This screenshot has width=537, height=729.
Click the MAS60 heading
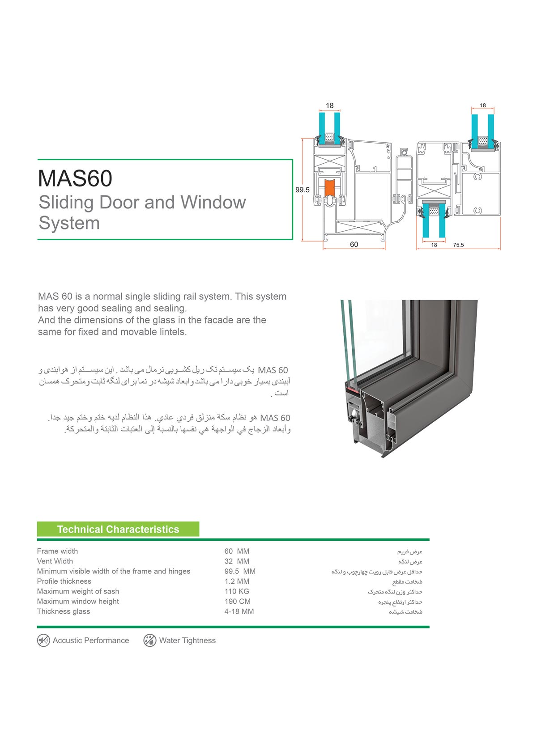coord(75,178)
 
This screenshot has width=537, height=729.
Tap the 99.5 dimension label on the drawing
coord(303,190)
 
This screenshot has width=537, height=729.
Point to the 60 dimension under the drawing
coord(354,244)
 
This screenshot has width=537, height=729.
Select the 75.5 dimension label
coord(458,245)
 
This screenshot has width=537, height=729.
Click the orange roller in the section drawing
coord(330,187)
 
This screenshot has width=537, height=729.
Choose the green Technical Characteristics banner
coord(118,530)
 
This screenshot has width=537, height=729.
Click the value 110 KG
coord(237,591)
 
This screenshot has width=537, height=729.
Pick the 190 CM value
coord(237,602)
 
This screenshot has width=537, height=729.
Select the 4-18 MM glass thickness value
coord(239,611)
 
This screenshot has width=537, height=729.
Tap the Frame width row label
coord(57,551)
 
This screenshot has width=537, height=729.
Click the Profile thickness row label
coord(64,581)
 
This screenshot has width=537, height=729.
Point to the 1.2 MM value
coord(237,581)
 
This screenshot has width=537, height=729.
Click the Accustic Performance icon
coord(43,640)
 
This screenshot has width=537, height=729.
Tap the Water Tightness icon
coord(149,640)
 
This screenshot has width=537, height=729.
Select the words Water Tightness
coord(187,640)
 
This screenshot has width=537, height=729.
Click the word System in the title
coord(69,223)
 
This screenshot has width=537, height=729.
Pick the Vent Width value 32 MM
coord(237,561)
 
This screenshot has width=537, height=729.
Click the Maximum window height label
coord(78,602)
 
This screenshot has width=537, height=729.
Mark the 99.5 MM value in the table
coord(240,571)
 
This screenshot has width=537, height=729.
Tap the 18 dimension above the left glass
coord(330,106)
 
